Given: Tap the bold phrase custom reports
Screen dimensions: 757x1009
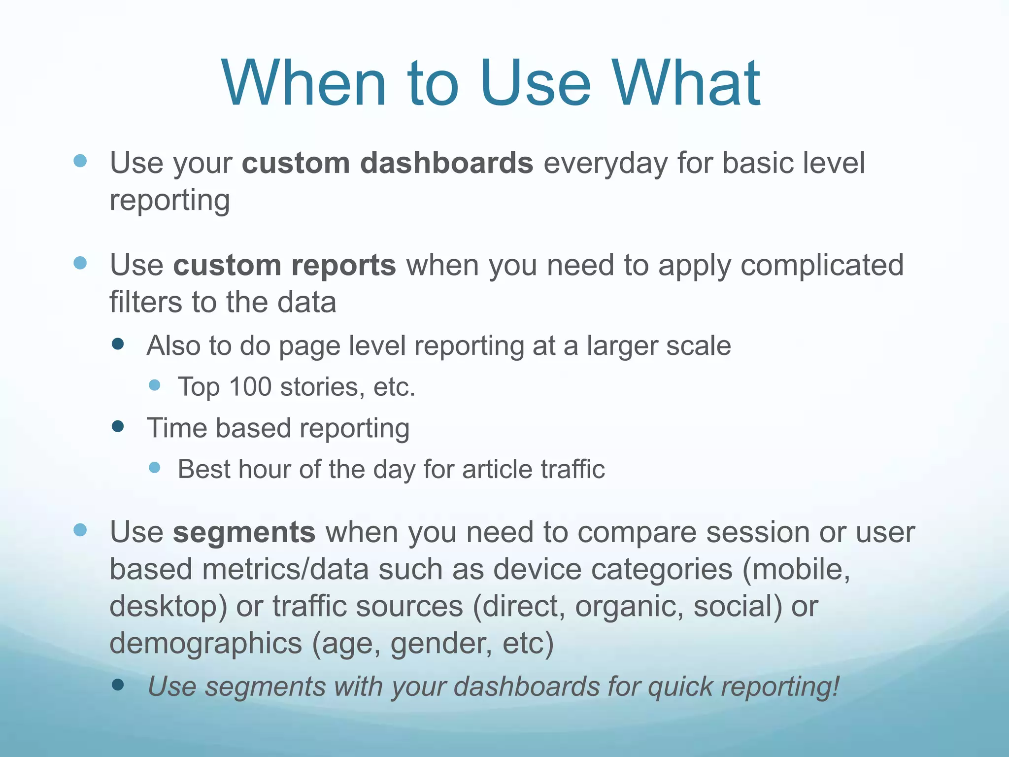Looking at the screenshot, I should pyautogui.click(x=284, y=265).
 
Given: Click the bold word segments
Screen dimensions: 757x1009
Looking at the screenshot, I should pyautogui.click(x=244, y=532).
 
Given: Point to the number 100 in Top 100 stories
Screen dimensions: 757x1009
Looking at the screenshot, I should pyautogui.click(x=250, y=387).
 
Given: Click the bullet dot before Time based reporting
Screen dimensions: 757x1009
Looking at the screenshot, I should pyautogui.click(x=118, y=426).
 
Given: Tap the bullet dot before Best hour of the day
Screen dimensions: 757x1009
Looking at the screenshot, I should pyautogui.click(x=154, y=467).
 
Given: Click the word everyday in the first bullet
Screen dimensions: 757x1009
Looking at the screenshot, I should pyautogui.click(x=605, y=163).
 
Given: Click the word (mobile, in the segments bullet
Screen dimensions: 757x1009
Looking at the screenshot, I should pyautogui.click(x=796, y=569).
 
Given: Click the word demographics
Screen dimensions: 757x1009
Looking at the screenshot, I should pyautogui.click(x=205, y=643).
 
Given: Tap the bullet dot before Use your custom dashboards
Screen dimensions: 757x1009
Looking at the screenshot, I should pyautogui.click(x=80, y=161).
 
